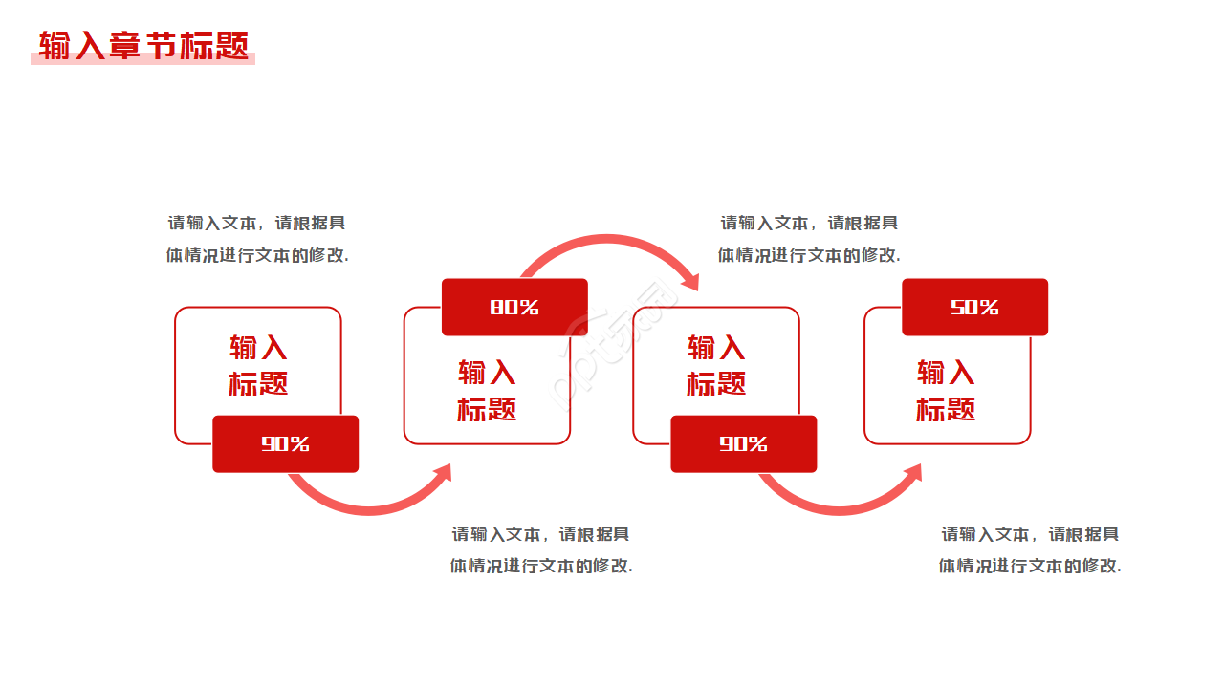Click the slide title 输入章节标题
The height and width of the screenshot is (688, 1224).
coord(143,46)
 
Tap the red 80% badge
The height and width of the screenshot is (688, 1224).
coord(514,307)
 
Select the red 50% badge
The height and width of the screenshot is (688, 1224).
coord(974,307)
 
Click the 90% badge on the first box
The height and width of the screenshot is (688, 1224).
coord(285,443)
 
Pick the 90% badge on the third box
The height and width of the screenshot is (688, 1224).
coord(743,443)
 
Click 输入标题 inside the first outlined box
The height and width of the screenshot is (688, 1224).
coord(258,365)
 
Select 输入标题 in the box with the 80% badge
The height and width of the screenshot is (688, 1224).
coord(487,390)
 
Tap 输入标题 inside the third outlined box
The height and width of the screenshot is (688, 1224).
coord(716,365)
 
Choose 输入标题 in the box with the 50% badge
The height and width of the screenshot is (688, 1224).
coord(946,390)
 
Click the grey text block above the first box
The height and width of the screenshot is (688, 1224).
coord(257,239)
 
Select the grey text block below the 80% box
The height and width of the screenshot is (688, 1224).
coord(541,549)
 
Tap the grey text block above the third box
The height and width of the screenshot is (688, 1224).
coord(809,239)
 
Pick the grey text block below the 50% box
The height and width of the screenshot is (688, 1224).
coord(1030,549)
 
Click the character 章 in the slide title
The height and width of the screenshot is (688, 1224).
coord(124,46)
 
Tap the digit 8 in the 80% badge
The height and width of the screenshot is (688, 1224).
coord(497,307)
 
